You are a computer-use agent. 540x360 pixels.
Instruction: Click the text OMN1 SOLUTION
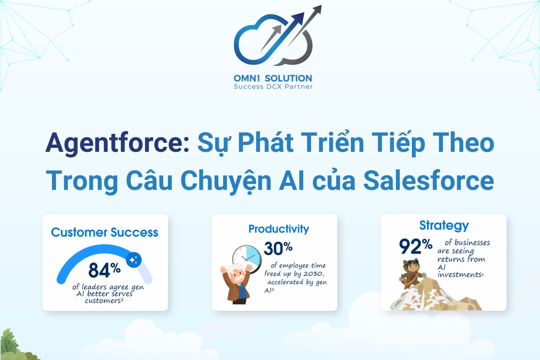[x=273, y=78]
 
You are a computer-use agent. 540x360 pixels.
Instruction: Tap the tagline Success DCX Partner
[x=273, y=87]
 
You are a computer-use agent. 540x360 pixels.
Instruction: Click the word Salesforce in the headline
[x=428, y=180]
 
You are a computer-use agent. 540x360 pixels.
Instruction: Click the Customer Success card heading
[x=104, y=233]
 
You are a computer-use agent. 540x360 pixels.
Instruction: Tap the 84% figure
[x=104, y=270]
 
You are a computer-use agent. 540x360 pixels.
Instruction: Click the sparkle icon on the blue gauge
[x=134, y=260]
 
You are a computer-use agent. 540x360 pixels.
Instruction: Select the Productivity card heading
[x=278, y=229]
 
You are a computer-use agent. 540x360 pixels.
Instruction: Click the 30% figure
[x=278, y=248]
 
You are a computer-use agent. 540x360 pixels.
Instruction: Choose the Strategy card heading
[x=444, y=225]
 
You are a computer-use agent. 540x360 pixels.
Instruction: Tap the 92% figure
[x=415, y=246]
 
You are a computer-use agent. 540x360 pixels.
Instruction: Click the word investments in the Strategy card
[x=459, y=275]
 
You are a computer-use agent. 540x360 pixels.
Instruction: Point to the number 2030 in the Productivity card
[x=313, y=274]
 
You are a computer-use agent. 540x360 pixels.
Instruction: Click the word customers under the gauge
[x=103, y=300]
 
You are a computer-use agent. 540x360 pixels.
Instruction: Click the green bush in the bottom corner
[x=13, y=346]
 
